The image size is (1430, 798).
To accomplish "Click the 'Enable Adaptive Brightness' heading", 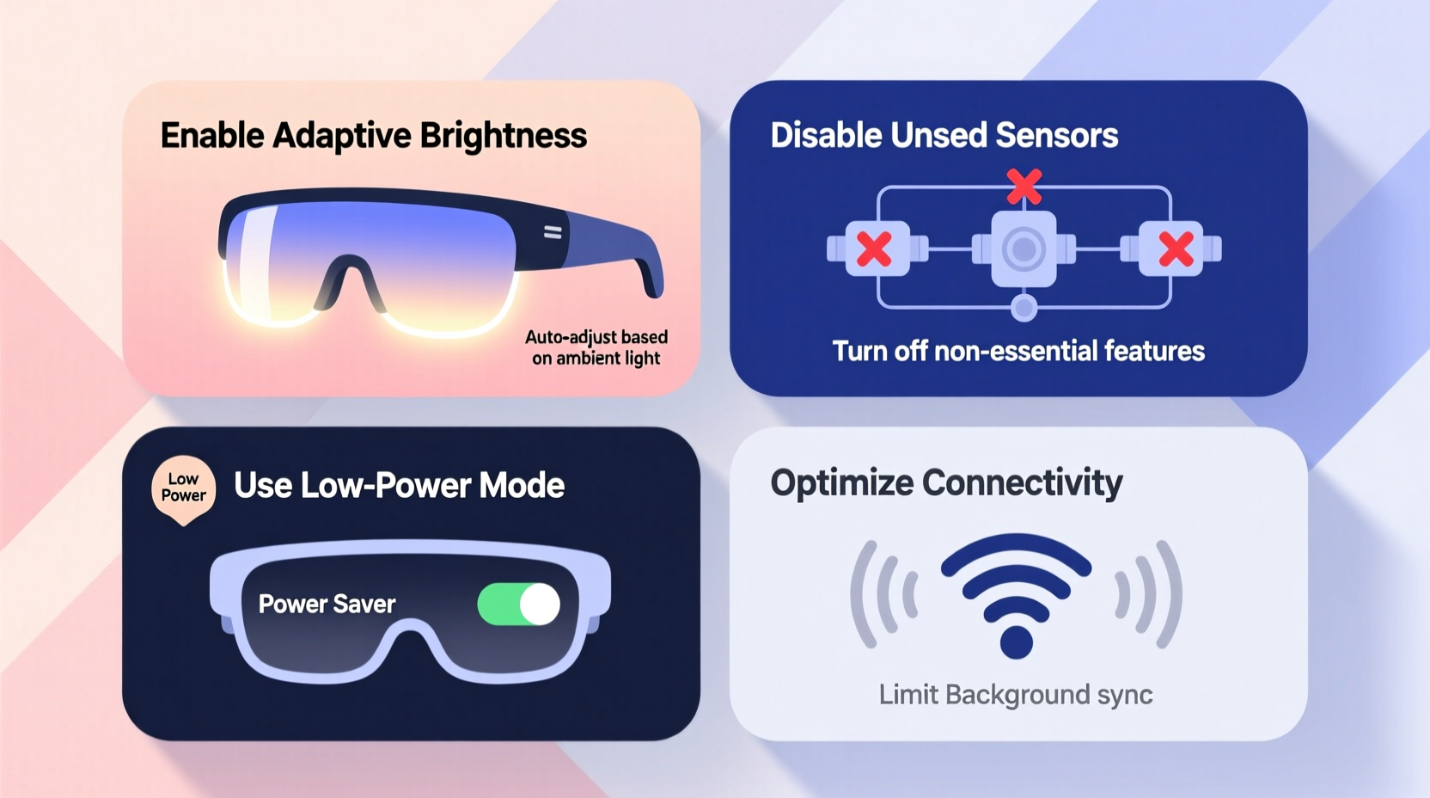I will tap(373, 136).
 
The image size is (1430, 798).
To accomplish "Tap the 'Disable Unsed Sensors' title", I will tap(944, 136).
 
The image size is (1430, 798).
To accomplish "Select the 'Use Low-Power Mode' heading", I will tap(399, 486).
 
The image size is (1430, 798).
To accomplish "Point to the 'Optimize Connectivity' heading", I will tap(946, 483).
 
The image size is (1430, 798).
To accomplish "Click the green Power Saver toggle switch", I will tap(518, 605).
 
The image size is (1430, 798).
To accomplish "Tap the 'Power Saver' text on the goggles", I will tap(327, 605).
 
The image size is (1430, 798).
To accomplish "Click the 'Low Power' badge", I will tap(183, 488).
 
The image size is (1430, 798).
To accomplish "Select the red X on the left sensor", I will tap(874, 249).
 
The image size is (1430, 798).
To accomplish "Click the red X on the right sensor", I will tap(1176, 249).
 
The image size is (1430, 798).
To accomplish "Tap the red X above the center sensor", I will tap(1024, 186).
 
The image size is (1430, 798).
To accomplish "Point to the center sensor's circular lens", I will tap(1024, 249).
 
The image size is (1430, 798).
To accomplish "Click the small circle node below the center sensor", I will tap(1024, 307).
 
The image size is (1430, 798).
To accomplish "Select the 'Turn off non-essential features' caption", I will tap(1018, 351).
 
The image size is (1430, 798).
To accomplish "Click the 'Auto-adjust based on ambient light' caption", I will tap(596, 347).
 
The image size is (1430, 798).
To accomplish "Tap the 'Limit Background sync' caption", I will tap(1016, 695).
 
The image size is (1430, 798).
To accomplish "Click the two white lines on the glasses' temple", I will tap(553, 232).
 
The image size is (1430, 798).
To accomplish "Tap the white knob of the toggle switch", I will tap(540, 605).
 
